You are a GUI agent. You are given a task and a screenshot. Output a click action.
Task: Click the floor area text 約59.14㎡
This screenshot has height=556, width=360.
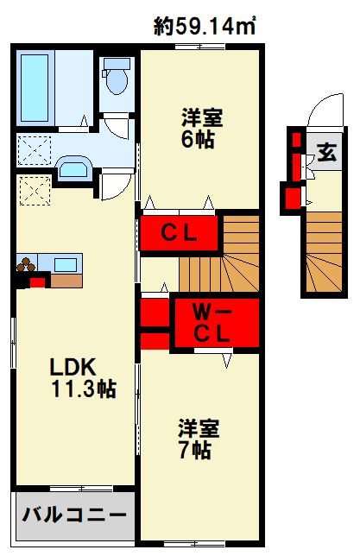click(x=205, y=27)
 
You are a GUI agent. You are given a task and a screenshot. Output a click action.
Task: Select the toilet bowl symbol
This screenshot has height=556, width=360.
click(x=117, y=79)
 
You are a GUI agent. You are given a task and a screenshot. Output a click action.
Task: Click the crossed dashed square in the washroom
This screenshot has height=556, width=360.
click(x=35, y=152)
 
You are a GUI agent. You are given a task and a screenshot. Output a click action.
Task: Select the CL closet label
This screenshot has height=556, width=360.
click(x=180, y=233)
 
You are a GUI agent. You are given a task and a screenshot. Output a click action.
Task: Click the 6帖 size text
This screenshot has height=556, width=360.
click(x=197, y=140)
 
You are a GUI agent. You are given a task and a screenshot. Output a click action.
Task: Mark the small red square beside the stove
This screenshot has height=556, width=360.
click(x=36, y=281)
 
